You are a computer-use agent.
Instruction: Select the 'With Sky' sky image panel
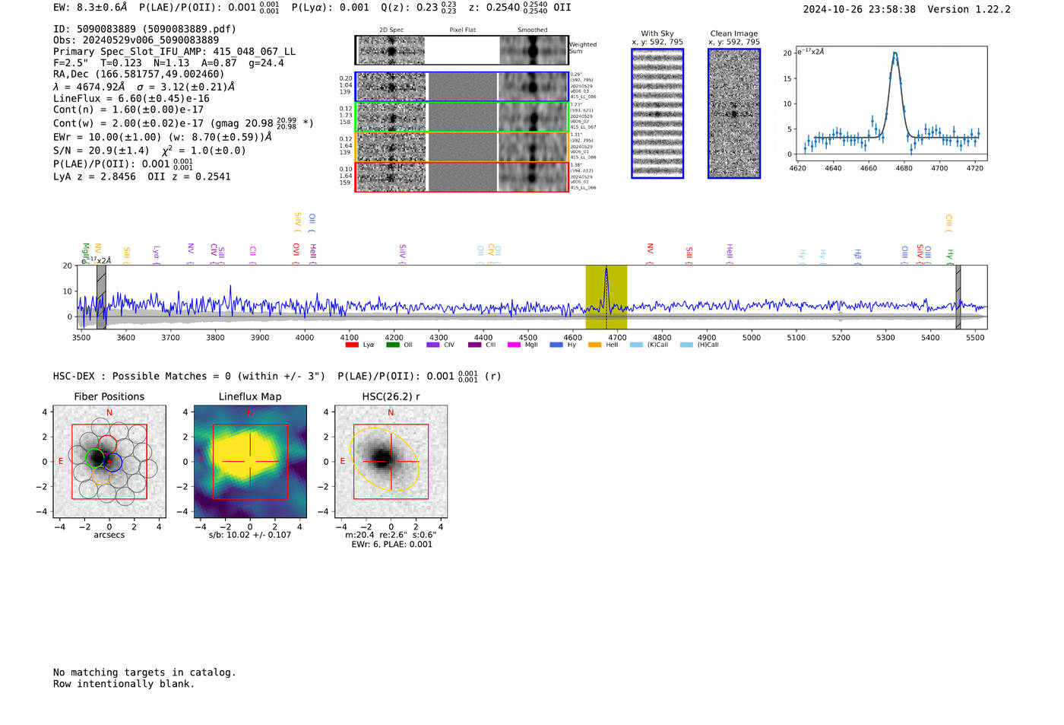click(x=657, y=113)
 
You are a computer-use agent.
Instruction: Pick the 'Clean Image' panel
click(x=733, y=113)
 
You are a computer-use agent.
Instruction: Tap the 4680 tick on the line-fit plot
click(x=904, y=168)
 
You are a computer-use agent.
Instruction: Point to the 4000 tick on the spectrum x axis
click(x=305, y=337)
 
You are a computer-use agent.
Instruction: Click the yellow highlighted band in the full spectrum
click(x=606, y=297)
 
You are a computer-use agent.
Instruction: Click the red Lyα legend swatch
click(x=352, y=345)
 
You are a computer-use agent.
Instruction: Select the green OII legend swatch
click(x=392, y=345)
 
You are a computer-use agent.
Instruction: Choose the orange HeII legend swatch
click(x=594, y=345)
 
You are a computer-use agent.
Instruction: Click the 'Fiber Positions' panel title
click(x=109, y=396)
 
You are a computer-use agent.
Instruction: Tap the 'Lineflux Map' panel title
click(x=250, y=396)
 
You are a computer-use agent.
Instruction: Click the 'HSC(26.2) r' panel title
click(x=391, y=396)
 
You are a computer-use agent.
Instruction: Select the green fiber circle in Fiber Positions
click(x=95, y=457)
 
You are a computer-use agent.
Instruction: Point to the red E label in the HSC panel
click(x=343, y=462)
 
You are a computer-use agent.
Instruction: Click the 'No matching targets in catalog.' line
click(x=144, y=672)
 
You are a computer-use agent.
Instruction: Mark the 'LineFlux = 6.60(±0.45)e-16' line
click(x=131, y=98)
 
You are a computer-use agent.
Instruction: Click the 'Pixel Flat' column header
click(x=462, y=30)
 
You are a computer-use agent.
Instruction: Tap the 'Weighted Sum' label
click(x=582, y=48)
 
